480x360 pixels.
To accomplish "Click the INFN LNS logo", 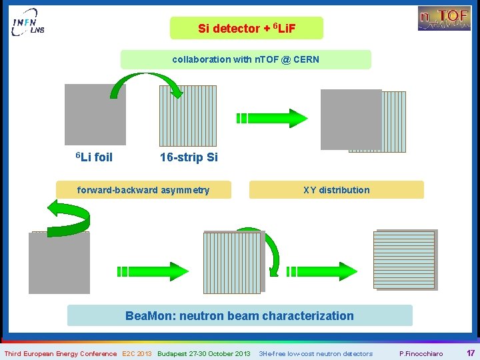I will click(x=29, y=25).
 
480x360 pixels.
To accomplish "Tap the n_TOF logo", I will click(x=444, y=18).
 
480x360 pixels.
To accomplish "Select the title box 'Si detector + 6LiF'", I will click(x=246, y=28).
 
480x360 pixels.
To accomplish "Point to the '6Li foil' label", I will click(x=94, y=157).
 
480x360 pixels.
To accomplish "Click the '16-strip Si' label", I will click(x=189, y=157).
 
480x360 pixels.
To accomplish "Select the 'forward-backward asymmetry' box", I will click(x=143, y=190).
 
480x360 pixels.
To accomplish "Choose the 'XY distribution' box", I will click(x=336, y=190).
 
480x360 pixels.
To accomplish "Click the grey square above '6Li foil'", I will click(x=95, y=114).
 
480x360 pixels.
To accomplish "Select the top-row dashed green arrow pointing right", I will click(x=271, y=118).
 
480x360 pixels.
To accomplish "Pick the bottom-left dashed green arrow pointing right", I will click(x=153, y=271).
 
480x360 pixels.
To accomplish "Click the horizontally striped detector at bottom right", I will click(x=406, y=260).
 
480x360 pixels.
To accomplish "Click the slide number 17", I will click(x=470, y=353).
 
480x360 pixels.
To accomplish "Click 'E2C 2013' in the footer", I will click(x=137, y=353).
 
